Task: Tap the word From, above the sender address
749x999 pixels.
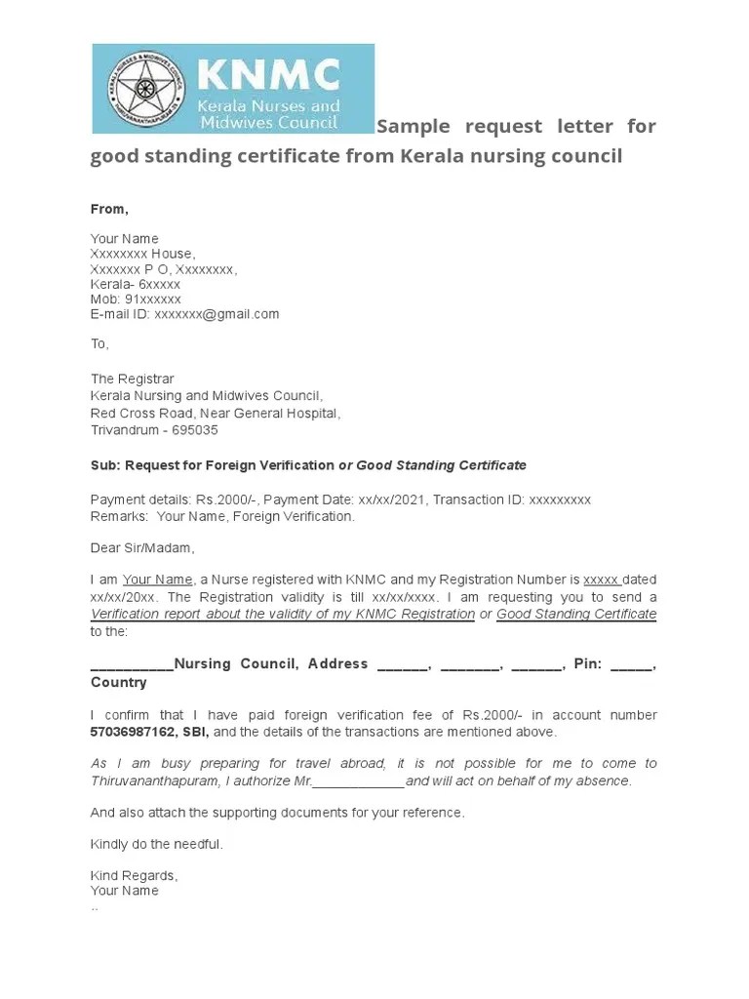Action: point(109,209)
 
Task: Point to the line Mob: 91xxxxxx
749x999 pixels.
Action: point(136,299)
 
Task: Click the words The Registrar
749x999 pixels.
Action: point(132,379)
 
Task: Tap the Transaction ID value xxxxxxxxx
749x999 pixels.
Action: point(559,499)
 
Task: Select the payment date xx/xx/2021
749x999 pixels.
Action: point(376,499)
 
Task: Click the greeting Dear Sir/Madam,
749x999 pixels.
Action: point(142,547)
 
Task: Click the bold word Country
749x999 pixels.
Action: point(118,683)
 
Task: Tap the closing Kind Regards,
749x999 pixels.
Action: point(135,875)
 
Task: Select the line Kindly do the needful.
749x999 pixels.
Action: point(157,844)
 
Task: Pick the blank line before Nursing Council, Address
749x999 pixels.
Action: point(132,665)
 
